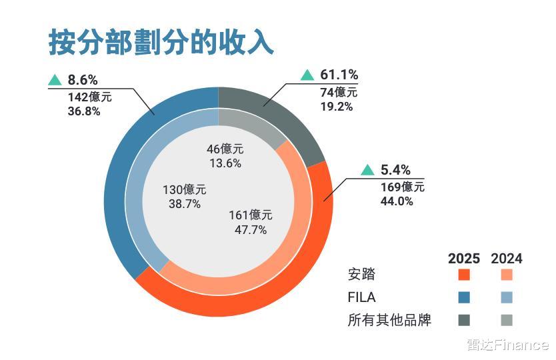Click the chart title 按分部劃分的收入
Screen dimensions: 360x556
[161, 41]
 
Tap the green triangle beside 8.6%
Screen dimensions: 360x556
[55, 81]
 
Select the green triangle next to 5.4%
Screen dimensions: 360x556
[367, 170]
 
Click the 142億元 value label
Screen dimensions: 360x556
[89, 97]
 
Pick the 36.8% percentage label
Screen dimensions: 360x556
[84, 111]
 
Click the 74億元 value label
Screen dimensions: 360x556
[339, 92]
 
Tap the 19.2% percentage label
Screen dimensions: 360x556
[337, 106]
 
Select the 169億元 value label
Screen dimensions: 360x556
[403, 187]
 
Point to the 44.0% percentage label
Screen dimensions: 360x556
[397, 201]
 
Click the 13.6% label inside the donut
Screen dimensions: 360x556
[225, 163]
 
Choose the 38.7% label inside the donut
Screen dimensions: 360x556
[185, 204]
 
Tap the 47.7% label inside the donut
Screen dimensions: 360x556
[251, 230]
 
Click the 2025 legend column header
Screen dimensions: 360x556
[464, 259]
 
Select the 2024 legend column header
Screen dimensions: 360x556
[507, 259]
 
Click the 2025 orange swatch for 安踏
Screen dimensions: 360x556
[465, 275]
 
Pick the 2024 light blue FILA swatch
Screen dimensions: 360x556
[507, 297]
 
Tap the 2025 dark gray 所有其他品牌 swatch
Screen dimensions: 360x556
[465, 320]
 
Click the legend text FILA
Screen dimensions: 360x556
[362, 297]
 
